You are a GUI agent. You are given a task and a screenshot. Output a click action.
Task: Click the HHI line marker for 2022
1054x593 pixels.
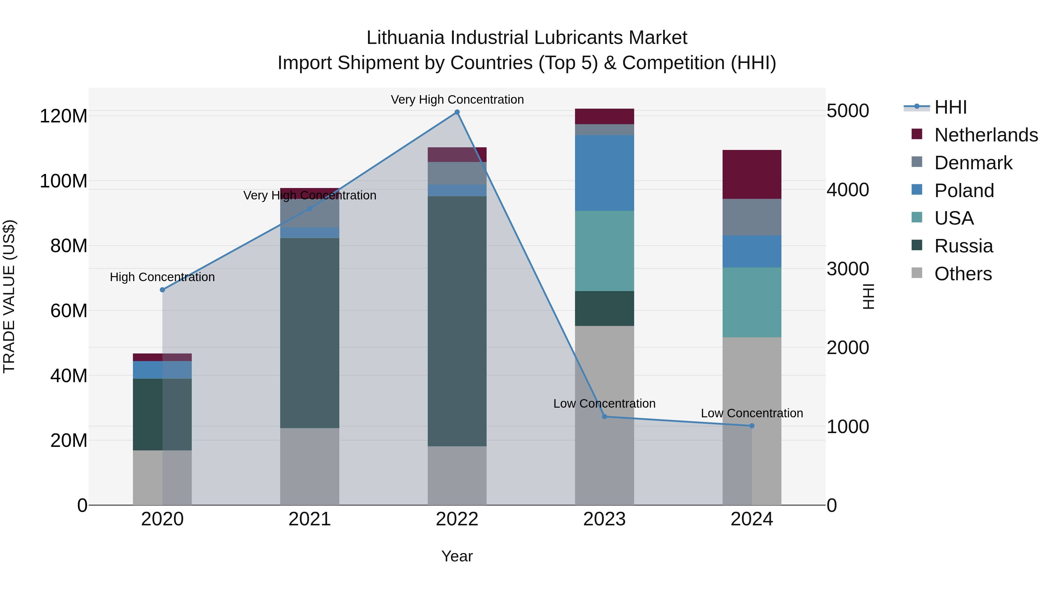457,112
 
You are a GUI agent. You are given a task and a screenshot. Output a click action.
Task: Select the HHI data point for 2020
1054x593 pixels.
162,290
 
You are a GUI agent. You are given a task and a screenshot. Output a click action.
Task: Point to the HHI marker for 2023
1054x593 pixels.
604,417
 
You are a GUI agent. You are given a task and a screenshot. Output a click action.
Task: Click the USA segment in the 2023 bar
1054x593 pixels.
604,251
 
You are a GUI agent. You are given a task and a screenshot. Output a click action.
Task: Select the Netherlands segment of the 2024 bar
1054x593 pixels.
752,174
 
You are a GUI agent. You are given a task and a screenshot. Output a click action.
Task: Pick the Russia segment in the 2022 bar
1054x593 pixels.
457,321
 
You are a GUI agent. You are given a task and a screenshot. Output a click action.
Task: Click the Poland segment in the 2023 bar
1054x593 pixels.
604,173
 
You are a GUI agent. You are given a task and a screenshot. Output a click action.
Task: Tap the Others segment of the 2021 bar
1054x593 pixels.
310,466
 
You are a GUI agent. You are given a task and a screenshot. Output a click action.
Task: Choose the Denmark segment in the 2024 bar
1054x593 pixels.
752,217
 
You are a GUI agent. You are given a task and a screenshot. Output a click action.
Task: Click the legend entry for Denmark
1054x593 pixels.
973,163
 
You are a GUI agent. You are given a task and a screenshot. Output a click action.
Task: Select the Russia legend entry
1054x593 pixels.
963,246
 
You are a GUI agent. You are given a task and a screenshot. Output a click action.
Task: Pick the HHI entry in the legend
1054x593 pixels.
950,107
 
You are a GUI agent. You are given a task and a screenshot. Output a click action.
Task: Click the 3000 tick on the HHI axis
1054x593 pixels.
848,269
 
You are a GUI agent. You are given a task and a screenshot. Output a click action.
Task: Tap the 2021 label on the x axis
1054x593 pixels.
310,519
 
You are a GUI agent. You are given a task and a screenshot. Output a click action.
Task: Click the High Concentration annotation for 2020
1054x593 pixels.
162,277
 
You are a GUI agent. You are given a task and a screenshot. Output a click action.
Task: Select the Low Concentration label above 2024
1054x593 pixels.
752,413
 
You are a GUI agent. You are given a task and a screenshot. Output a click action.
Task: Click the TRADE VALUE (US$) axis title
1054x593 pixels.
9,296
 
